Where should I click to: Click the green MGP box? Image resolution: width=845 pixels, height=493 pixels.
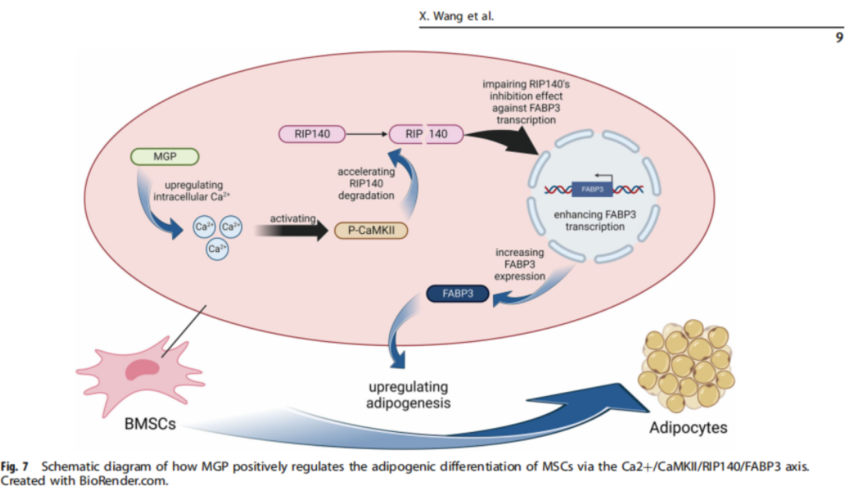point(164,157)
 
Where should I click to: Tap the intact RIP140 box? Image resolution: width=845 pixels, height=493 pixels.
point(313,135)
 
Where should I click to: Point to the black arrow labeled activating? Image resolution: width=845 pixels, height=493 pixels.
point(290,230)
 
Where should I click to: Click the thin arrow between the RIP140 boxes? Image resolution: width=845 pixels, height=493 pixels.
point(367,135)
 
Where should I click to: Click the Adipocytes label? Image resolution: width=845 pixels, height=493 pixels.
point(688,428)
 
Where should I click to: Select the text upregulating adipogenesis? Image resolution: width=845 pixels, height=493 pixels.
point(408,395)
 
